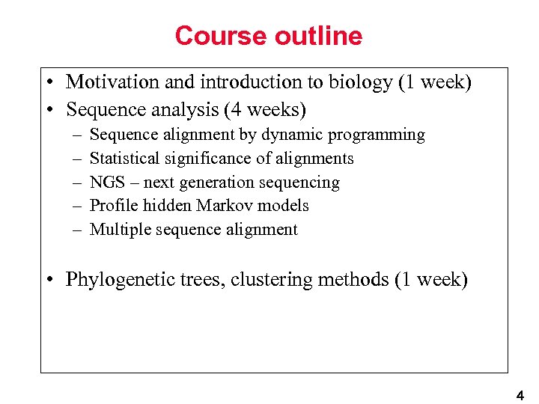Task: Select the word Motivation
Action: [109, 82]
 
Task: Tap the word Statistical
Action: [124, 159]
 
